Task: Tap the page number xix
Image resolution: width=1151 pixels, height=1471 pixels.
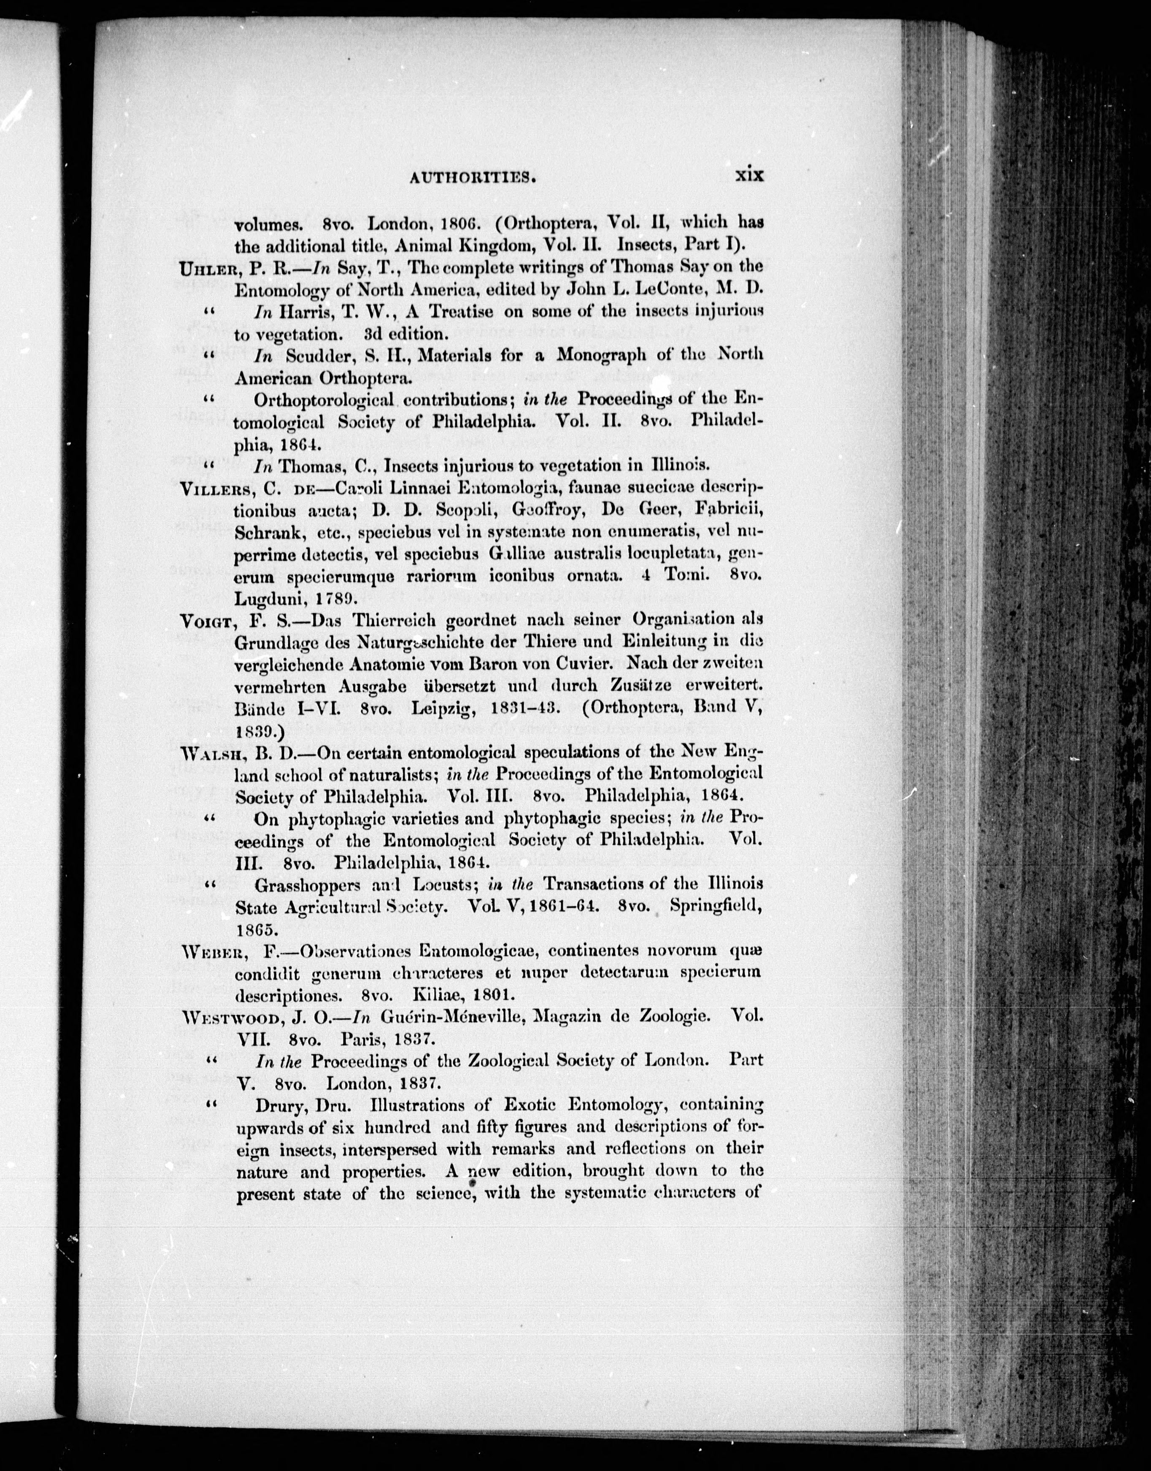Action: (x=748, y=175)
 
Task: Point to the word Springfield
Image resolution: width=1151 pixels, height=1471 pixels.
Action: (x=716, y=907)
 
